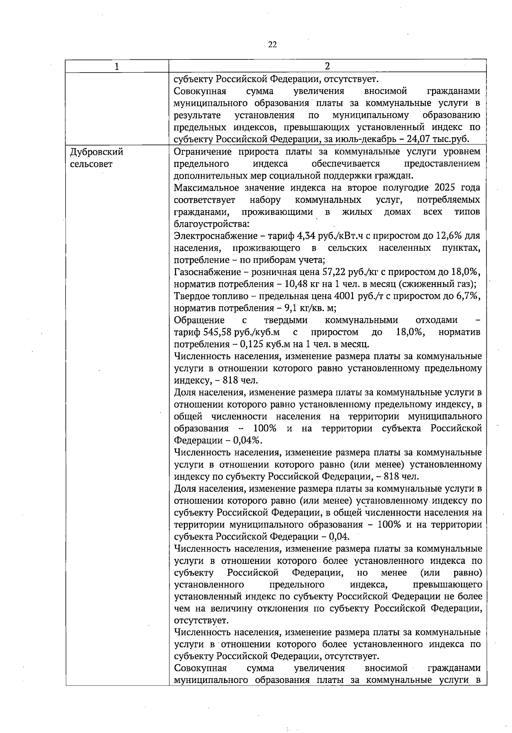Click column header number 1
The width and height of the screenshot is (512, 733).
(117, 66)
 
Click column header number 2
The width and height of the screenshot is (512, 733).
(327, 66)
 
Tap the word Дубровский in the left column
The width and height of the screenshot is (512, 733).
(96, 152)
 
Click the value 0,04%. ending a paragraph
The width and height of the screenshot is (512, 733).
(250, 440)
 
